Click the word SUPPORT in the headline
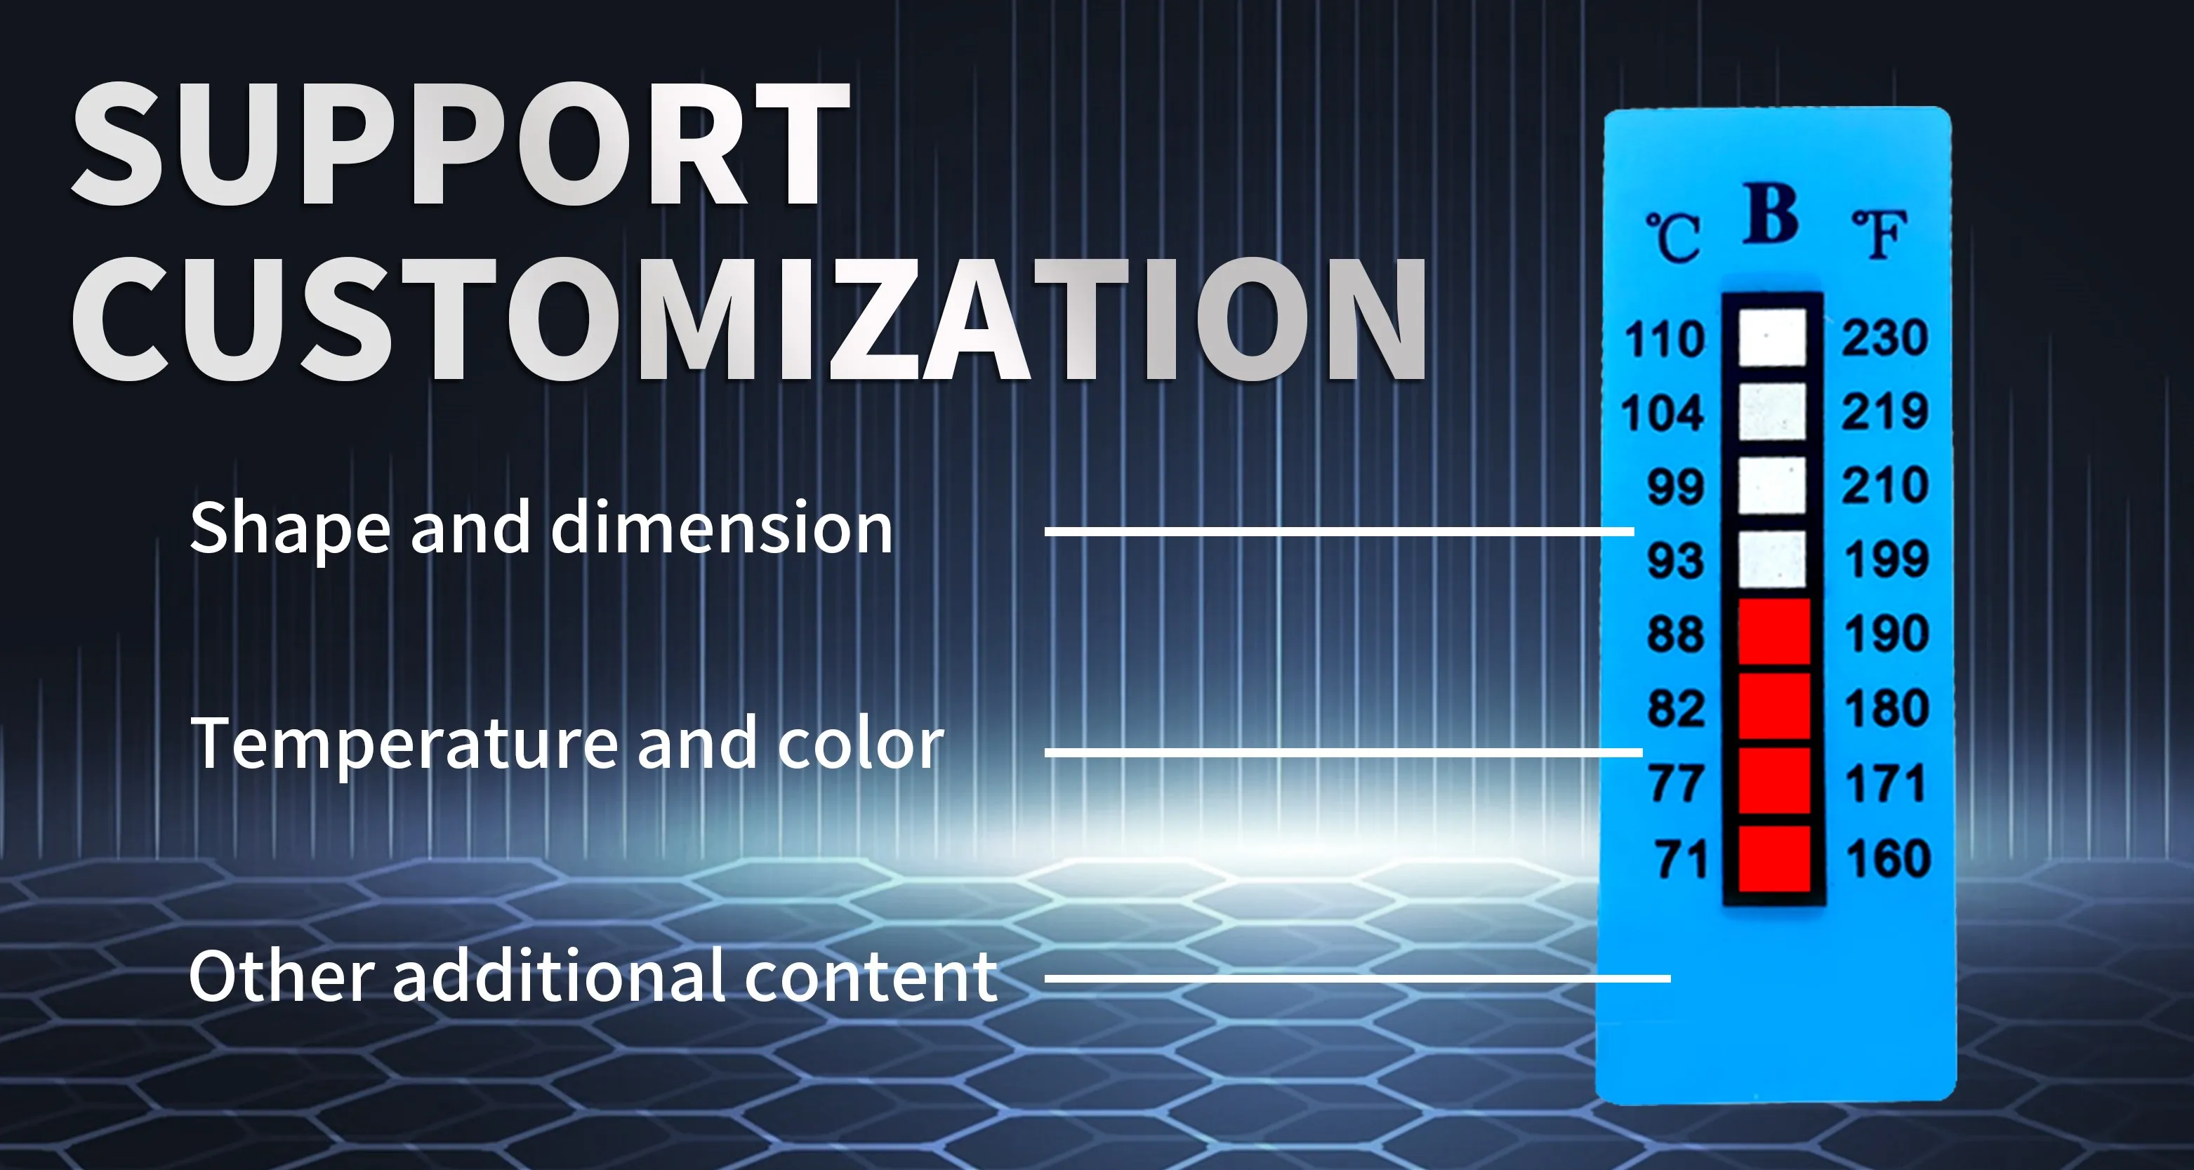pyautogui.click(x=460, y=145)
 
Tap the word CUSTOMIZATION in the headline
pyautogui.click(x=750, y=319)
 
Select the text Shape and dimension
pyautogui.click(x=541, y=528)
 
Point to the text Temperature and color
pyautogui.click(x=567, y=743)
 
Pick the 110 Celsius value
pyautogui.click(x=1664, y=339)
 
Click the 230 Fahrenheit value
pyautogui.click(x=1885, y=337)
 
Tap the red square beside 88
pyautogui.click(x=1774, y=632)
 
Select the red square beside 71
pyautogui.click(x=1774, y=858)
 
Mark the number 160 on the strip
pyautogui.click(x=1888, y=858)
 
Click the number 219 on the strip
pyautogui.click(x=1885, y=411)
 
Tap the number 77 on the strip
pyautogui.click(x=1676, y=783)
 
